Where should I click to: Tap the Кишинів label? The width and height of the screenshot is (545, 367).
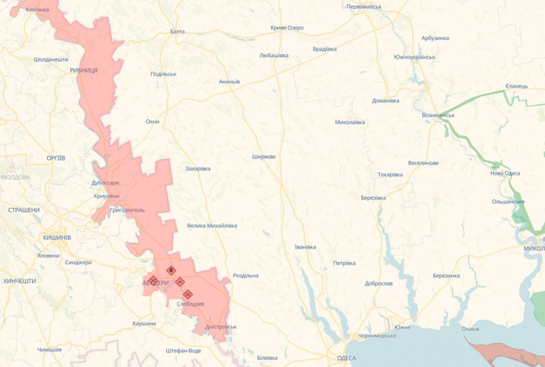(57, 237)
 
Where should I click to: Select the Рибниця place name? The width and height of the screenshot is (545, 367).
(83, 70)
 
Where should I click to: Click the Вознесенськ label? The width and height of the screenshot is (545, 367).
(438, 115)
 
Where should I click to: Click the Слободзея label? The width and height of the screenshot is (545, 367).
(191, 303)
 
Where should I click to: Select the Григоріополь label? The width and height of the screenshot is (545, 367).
(127, 210)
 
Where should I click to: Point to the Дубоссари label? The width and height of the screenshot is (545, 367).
(104, 183)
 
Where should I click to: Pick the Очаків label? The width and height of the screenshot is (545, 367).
(471, 329)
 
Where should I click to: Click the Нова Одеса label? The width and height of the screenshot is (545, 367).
(505, 173)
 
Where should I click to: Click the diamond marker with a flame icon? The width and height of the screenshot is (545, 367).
(171, 270)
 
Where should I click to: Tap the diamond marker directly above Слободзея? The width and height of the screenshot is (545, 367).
(188, 294)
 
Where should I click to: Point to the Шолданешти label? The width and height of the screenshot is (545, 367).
(51, 60)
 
